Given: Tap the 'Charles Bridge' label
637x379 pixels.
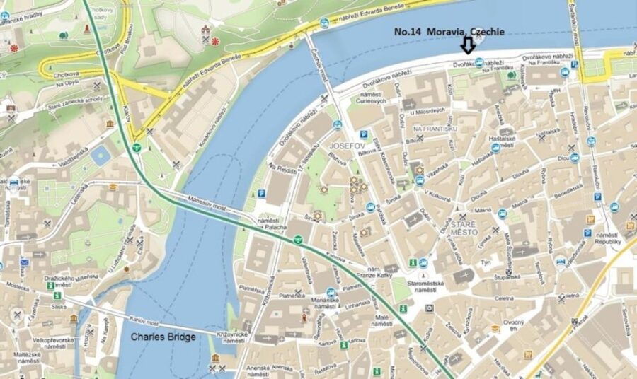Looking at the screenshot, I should (163, 337).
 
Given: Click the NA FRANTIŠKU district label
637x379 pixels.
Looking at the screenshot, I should (437, 129).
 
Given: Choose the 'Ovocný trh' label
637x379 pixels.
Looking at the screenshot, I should (513, 326).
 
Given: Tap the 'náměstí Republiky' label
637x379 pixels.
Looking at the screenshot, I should (609, 238).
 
